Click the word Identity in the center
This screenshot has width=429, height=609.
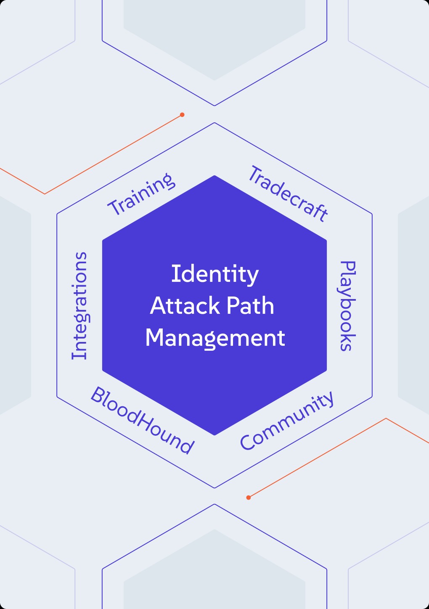pos(215,275)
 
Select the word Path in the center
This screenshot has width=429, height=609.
pos(250,306)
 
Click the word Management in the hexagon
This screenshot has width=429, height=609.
pos(215,339)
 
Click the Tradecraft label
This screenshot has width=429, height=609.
pos(288,193)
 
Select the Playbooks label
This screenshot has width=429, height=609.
pos(347,306)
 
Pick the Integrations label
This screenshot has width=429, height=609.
pos(79,306)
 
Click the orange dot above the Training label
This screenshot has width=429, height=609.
pos(182,115)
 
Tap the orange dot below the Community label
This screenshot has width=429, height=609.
pos(248,498)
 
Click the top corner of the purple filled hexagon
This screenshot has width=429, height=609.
pos(214,176)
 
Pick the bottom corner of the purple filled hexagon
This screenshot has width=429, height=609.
pos(214,435)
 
